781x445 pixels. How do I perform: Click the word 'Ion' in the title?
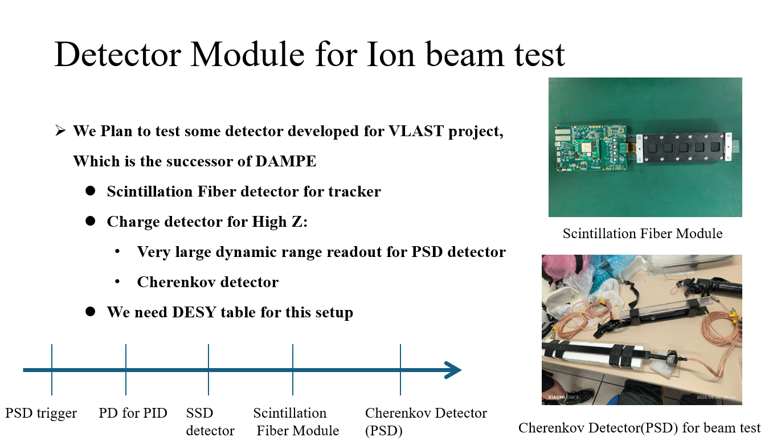pos(391,54)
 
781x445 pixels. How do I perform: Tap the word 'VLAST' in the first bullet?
pos(416,131)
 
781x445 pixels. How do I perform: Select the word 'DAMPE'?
pos(286,161)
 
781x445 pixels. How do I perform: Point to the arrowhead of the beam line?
pos(453,370)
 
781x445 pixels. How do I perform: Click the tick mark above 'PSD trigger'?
pos(52,370)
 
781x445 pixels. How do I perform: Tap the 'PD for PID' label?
pos(133,413)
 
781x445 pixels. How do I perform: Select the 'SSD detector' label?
pos(210,422)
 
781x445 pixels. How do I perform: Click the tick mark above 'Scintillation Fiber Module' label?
pos(293,370)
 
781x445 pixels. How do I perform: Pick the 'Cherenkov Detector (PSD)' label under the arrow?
pos(426,422)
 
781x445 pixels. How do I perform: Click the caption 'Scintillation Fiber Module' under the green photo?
pos(642,233)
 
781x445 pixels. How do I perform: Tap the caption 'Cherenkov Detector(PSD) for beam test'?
pos(639,427)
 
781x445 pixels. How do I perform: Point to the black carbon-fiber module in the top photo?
pos(684,148)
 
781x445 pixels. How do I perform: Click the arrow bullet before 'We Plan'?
pos(60,131)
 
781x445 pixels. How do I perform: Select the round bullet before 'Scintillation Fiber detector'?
pos(91,191)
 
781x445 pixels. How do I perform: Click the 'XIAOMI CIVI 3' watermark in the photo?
pos(563,397)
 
